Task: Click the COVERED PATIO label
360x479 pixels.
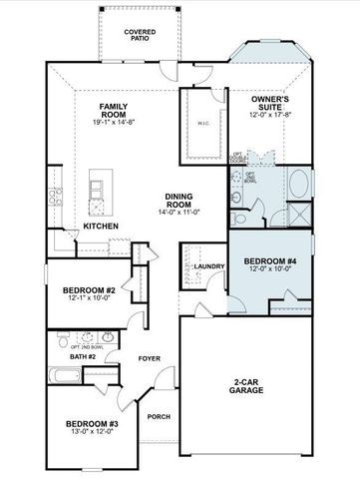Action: (x=139, y=36)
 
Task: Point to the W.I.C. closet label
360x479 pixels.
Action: (x=202, y=125)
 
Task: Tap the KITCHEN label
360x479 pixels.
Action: (x=101, y=227)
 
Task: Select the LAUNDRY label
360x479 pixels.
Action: (x=209, y=266)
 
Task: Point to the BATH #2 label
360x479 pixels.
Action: (x=83, y=356)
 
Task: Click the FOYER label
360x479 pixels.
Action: (x=150, y=357)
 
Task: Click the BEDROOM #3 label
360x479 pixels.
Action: (x=93, y=425)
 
